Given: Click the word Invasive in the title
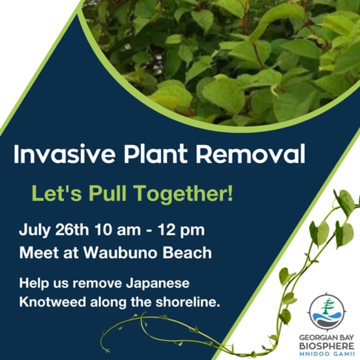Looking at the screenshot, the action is tap(64, 154).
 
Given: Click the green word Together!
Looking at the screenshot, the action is tap(184, 193).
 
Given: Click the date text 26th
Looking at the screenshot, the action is tap(72, 230).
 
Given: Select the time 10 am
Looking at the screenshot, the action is tap(118, 230).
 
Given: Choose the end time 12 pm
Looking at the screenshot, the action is tap(181, 230).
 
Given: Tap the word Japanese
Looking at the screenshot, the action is tap(157, 284).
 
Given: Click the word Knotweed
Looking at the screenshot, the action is tap(53, 302).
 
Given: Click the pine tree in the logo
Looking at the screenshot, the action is tap(327, 308).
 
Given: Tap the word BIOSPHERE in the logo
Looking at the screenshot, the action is tap(327, 346).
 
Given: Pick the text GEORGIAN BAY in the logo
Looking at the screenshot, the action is tap(326, 338).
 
